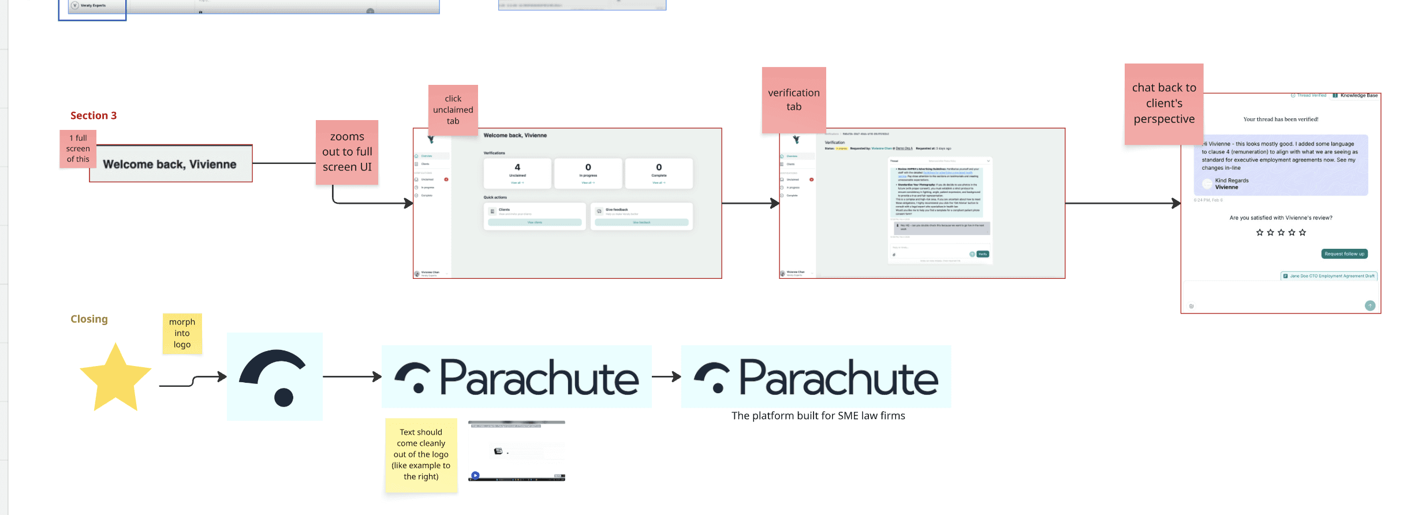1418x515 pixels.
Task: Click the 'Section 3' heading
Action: click(94, 115)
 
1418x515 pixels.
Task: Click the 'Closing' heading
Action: click(89, 319)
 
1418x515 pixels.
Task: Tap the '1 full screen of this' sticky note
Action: click(78, 148)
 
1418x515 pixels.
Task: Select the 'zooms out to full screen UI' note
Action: click(347, 152)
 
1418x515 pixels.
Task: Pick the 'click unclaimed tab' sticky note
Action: click(453, 110)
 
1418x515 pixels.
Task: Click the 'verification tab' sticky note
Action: click(794, 99)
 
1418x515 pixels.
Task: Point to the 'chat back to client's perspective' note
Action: click(1164, 103)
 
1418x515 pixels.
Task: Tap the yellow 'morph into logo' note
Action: click(182, 333)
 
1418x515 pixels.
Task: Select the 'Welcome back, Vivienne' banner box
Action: click(170, 164)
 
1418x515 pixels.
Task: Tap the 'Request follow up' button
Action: click(1344, 254)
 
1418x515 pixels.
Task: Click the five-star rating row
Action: click(1281, 233)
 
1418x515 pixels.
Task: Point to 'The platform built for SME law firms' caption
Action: click(818, 416)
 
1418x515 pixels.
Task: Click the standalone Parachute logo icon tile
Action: click(275, 376)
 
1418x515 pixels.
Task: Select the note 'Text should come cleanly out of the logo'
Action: click(421, 454)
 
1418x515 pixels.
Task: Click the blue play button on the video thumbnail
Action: click(475, 476)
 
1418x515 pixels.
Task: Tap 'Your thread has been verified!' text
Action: click(1281, 120)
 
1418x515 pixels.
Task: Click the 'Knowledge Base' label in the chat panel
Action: click(1359, 95)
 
